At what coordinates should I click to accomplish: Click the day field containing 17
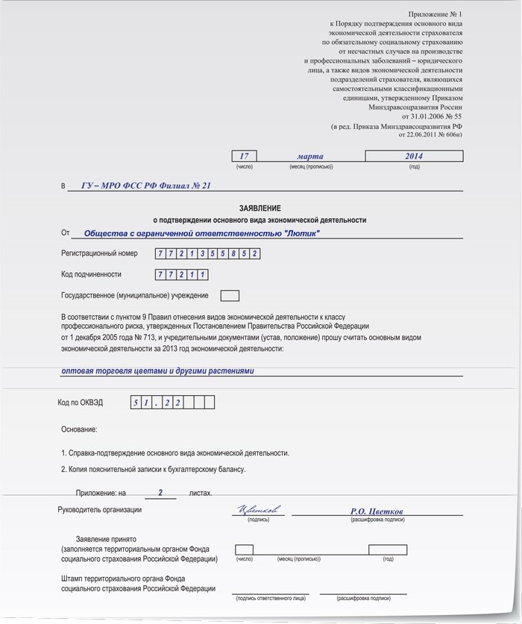pos(245,156)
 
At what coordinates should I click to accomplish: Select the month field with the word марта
pos(310,156)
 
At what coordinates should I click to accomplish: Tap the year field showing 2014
pos(414,156)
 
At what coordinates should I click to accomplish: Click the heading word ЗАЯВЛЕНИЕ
pos(260,208)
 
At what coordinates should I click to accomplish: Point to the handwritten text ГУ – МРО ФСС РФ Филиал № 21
pos(146,185)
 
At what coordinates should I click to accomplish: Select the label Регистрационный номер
pos(99,253)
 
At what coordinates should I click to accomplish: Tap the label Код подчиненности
pos(91,274)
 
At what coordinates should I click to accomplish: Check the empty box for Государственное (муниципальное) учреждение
pos(230,295)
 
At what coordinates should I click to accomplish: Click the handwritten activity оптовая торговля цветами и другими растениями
pos(158,371)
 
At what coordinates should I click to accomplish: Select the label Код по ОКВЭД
pos(81,403)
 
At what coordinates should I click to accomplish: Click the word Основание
pos(79,429)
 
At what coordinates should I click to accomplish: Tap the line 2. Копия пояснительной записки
pos(153,469)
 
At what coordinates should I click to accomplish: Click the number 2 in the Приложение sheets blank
pos(160,492)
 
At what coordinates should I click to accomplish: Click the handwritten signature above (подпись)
pos(258,511)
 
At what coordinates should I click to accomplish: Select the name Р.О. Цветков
pos(377,511)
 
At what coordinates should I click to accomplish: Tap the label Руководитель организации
pos(99,510)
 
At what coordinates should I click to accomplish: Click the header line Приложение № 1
pos(435,14)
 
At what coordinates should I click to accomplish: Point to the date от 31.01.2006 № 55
pos(432,116)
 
